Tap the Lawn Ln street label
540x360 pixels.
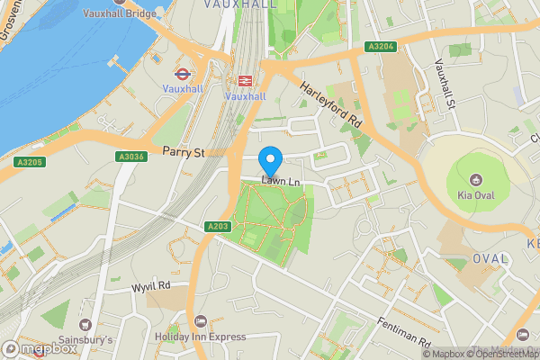280,183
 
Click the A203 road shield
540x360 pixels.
217,226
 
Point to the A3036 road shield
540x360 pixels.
130,157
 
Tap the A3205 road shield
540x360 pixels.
28,162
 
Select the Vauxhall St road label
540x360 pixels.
445,85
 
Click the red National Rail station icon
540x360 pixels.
244,80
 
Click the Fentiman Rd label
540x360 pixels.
404,330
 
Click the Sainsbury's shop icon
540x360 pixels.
85,324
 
